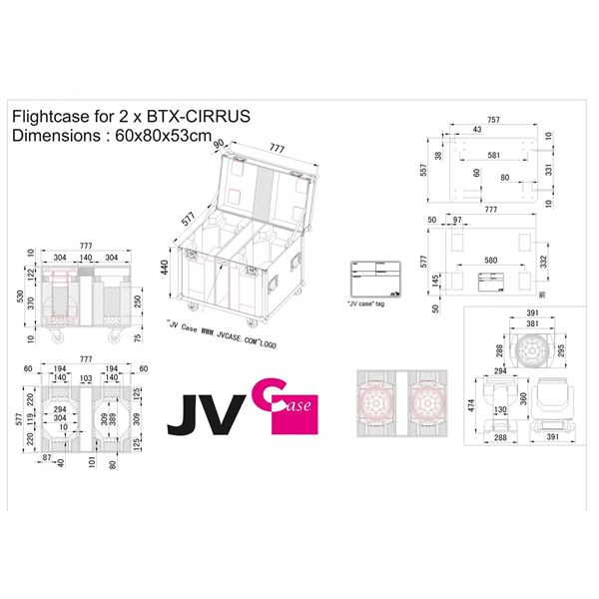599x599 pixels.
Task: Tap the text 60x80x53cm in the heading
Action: pos(160,137)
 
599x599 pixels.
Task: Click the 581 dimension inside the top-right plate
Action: pos(495,156)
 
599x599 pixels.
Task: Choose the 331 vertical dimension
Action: pos(547,170)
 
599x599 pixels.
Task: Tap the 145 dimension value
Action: pos(437,283)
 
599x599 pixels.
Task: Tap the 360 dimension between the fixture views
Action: pos(522,397)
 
